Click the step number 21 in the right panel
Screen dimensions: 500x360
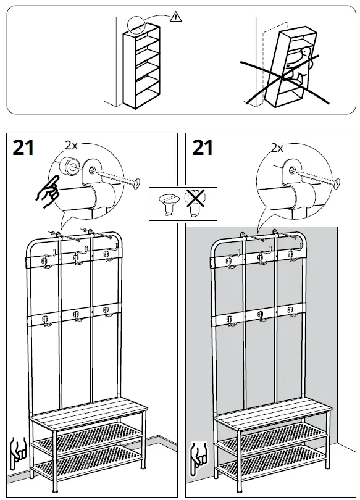(203, 148)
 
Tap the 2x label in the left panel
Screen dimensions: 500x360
(71, 146)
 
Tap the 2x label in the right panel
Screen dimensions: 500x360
(277, 148)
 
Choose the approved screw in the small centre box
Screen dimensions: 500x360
(167, 204)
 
